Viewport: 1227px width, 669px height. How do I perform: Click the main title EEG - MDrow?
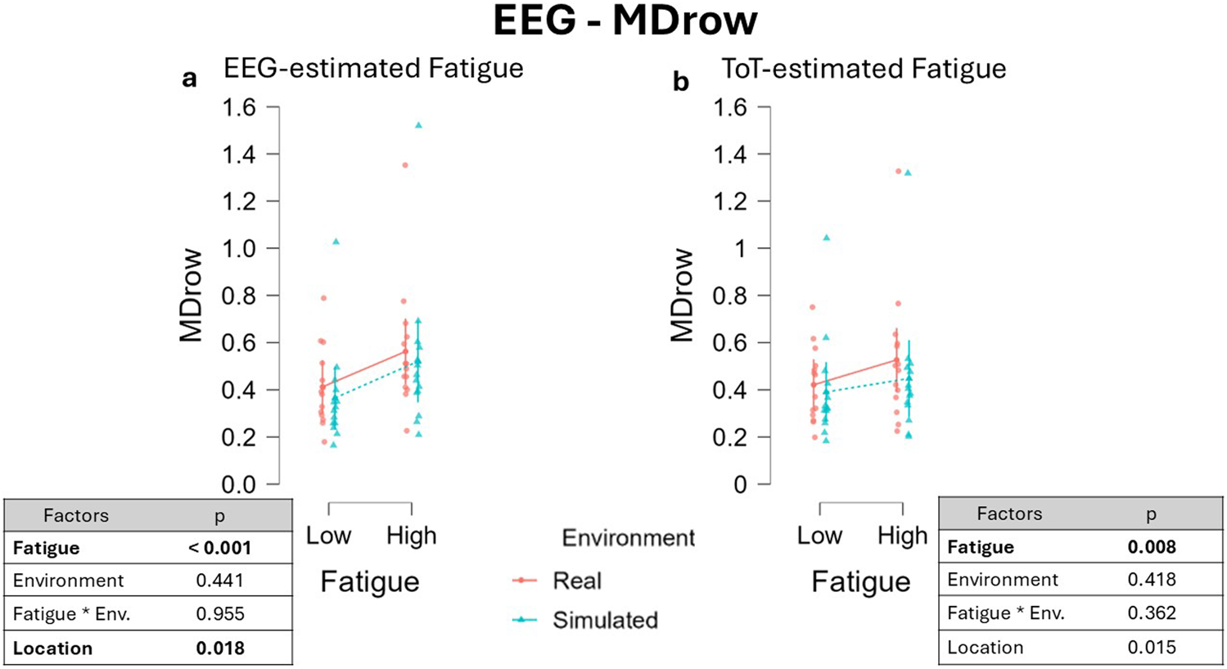pyautogui.click(x=625, y=21)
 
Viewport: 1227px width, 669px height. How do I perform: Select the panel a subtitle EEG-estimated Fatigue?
pyautogui.click(x=373, y=68)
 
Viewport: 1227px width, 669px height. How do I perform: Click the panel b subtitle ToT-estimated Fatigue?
pyautogui.click(x=864, y=69)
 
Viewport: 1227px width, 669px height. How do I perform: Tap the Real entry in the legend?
pyautogui.click(x=576, y=581)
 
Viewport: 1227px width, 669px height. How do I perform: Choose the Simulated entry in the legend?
pyautogui.click(x=604, y=620)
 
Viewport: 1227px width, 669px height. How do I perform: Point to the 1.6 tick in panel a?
pyautogui.click(x=239, y=107)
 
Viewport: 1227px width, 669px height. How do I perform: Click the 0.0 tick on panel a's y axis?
pyautogui.click(x=239, y=484)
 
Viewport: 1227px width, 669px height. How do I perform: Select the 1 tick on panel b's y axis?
pyautogui.click(x=740, y=248)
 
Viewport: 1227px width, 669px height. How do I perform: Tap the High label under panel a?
pyautogui.click(x=411, y=536)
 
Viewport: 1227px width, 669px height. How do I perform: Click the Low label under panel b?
pyautogui.click(x=819, y=536)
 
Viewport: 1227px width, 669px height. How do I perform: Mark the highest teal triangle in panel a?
pyautogui.click(x=418, y=125)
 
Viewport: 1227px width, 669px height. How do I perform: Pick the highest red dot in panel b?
pyautogui.click(x=898, y=171)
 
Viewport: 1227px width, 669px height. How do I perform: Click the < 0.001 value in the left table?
pyautogui.click(x=219, y=548)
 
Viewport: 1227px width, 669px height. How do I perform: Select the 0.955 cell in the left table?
pyautogui.click(x=219, y=614)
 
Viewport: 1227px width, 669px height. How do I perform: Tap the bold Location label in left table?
pyautogui.click(x=52, y=649)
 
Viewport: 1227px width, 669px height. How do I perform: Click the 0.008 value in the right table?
pyautogui.click(x=1151, y=547)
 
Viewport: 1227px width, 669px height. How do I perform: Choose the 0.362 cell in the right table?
pyautogui.click(x=1151, y=613)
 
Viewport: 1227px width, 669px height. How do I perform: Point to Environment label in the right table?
pyautogui.click(x=1002, y=580)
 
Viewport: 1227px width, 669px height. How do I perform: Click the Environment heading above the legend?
pyautogui.click(x=628, y=538)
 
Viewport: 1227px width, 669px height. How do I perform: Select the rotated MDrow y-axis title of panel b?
pyautogui.click(x=682, y=296)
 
